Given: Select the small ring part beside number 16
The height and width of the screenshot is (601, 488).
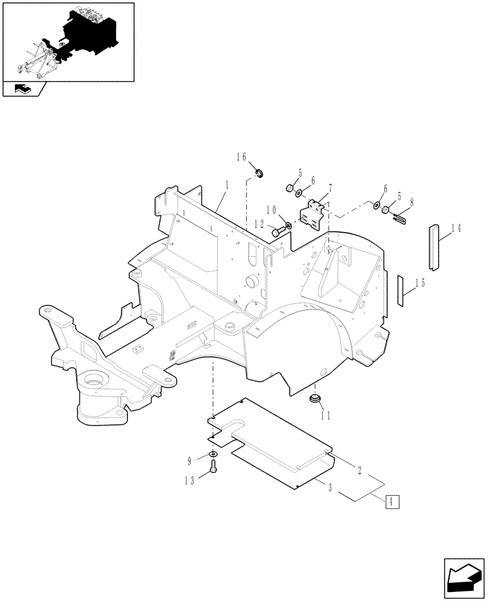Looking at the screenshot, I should pyautogui.click(x=260, y=175).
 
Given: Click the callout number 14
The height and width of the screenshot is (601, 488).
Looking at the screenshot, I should pyautogui.click(x=456, y=228).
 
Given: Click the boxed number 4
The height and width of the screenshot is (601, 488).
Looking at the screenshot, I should pyautogui.click(x=390, y=501).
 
